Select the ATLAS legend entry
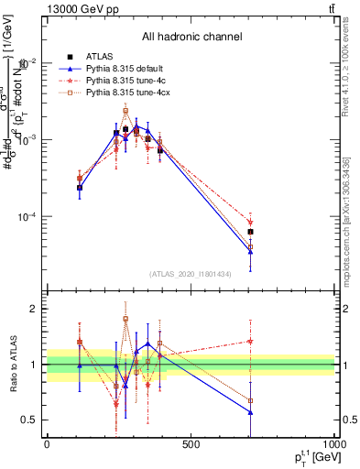(x=99, y=57)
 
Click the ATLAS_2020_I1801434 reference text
(x=191, y=274)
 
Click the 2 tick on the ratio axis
(x=37, y=309)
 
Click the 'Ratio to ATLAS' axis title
(x=12, y=365)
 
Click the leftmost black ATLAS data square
(x=80, y=188)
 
